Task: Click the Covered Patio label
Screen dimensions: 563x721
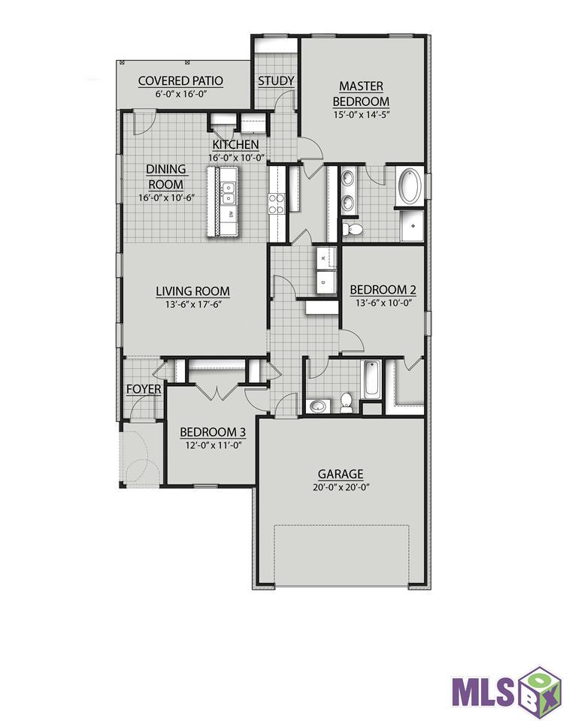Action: pos(180,81)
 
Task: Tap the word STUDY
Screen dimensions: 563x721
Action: pos(276,81)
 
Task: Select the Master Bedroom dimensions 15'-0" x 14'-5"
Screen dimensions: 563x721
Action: pos(362,114)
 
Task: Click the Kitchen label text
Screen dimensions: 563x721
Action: pos(236,144)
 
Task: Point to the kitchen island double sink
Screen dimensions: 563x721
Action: pos(229,193)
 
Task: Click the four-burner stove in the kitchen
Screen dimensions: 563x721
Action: pos(277,204)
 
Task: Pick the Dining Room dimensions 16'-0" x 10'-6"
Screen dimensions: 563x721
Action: pos(166,198)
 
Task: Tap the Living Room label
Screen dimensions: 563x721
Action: pos(193,291)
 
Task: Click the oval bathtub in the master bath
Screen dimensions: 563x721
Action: pos(410,186)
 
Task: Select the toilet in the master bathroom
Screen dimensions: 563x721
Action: pos(353,228)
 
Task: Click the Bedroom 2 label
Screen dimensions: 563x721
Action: pos(383,290)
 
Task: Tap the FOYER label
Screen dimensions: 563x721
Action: pos(144,390)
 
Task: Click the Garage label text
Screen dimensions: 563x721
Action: pos(341,474)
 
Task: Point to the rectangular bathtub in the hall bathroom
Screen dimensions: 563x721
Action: pos(372,380)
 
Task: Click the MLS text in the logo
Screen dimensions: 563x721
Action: pos(483,691)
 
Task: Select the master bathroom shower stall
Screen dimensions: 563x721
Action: pos(412,225)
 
